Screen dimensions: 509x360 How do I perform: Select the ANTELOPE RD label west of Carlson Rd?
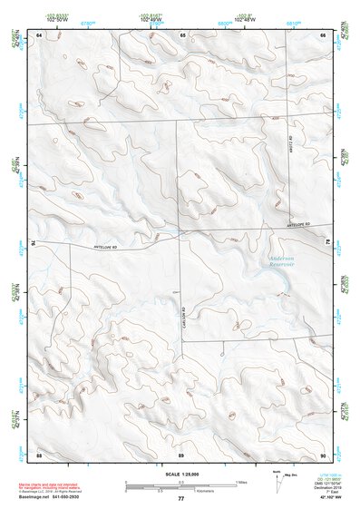pos(106,246)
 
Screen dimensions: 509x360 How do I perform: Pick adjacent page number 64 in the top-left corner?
pos(39,34)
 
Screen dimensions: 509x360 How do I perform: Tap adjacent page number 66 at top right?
pos(323,34)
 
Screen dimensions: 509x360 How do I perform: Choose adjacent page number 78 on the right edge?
pos(327,242)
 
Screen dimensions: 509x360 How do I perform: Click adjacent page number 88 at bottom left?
pos(39,454)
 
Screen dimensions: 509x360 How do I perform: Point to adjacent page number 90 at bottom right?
pos(323,454)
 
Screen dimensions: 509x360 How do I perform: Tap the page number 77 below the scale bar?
pos(180,499)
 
